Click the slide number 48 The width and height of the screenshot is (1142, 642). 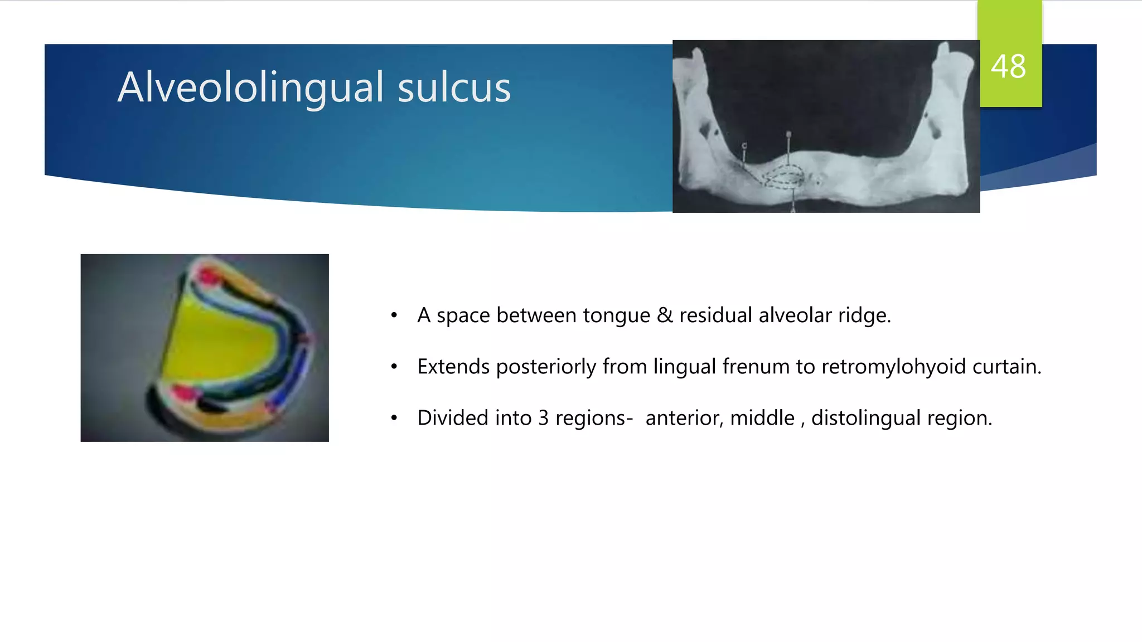(1008, 67)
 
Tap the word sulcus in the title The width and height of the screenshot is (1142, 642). (454, 87)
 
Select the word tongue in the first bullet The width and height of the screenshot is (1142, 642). (616, 315)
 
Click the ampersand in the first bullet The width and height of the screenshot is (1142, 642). (665, 315)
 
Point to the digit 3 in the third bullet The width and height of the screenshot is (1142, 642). (544, 418)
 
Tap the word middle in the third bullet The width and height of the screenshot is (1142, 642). (762, 418)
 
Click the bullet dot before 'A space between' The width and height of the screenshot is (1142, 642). (394, 315)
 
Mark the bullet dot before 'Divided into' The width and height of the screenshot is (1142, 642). (394, 418)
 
